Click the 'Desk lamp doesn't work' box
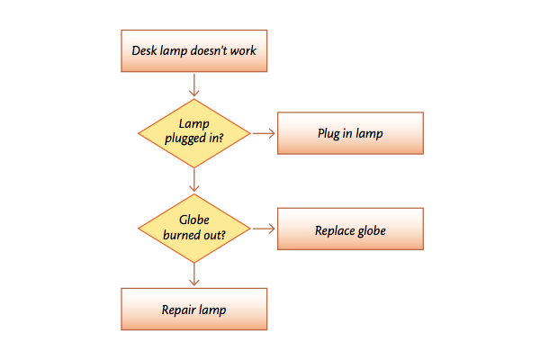click(193, 51)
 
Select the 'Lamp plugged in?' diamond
click(193, 133)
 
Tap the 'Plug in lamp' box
click(350, 133)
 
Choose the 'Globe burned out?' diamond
click(193, 229)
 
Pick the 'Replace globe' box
click(350, 229)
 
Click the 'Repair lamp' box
click(193, 309)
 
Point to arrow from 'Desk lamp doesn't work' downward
click(194, 85)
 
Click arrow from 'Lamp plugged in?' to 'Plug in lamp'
click(264, 133)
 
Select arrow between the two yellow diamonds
click(194, 180)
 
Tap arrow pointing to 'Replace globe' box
click(264, 229)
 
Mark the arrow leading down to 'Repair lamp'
click(194, 274)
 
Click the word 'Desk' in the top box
click(144, 50)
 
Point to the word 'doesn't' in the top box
click(209, 50)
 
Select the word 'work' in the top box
click(243, 50)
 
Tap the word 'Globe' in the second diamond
click(194, 220)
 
